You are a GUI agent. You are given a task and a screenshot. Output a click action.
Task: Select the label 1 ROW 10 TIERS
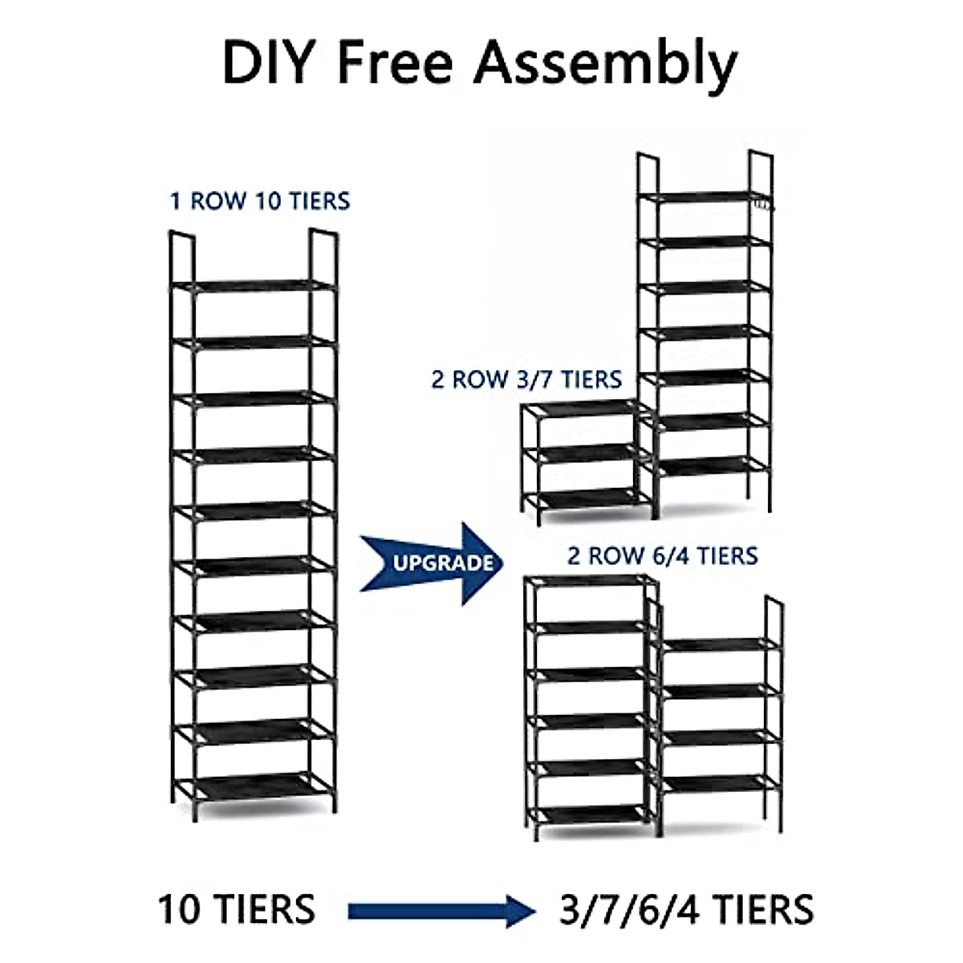point(260,200)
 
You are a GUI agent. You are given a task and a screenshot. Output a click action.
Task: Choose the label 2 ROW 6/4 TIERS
point(662,555)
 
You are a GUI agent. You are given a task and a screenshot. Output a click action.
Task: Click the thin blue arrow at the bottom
point(441,910)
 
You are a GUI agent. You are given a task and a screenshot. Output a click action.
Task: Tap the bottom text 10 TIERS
point(237,910)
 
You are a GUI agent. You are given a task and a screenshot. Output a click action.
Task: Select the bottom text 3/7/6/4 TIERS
point(685,910)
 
